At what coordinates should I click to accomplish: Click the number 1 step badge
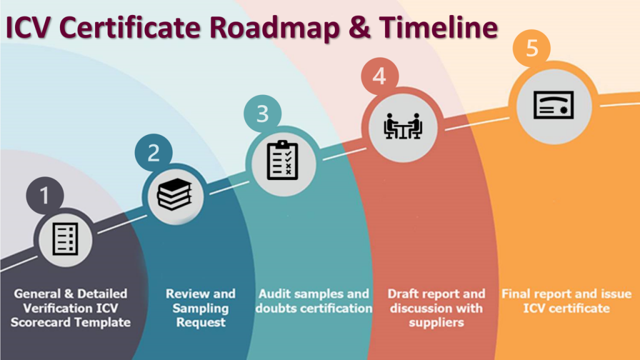(44, 196)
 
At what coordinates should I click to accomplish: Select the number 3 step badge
(262, 114)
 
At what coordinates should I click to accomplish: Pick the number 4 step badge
(379, 76)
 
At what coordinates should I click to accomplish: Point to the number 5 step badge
(532, 48)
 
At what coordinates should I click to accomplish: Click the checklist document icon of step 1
(65, 239)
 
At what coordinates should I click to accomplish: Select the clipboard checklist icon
(282, 161)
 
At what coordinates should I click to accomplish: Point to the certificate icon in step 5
(553, 104)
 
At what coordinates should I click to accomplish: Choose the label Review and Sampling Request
(201, 308)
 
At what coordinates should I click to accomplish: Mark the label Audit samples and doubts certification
(314, 301)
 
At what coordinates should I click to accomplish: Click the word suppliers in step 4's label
(436, 322)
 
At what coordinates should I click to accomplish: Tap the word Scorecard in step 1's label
(41, 322)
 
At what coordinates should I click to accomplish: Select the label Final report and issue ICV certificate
(564, 301)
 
